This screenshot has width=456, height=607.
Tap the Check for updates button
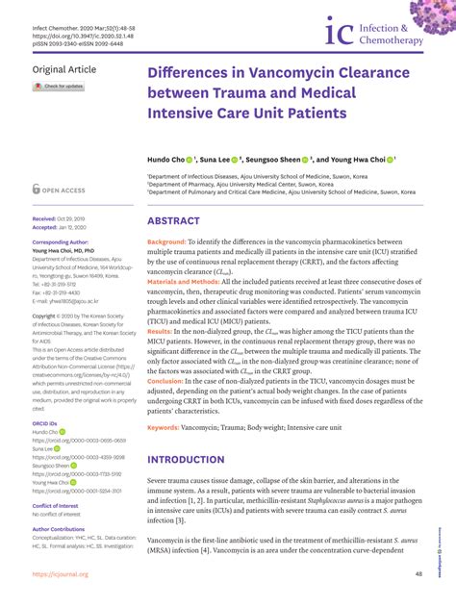tap(60, 87)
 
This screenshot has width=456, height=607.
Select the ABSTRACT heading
tap(173, 221)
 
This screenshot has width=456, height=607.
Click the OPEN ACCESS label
tap(62, 190)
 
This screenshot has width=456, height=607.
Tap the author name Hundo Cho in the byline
tap(167, 159)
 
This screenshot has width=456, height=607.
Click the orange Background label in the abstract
tap(166, 241)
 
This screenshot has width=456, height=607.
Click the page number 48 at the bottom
tap(418, 574)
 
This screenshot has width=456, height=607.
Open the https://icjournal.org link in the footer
tap(60, 574)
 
